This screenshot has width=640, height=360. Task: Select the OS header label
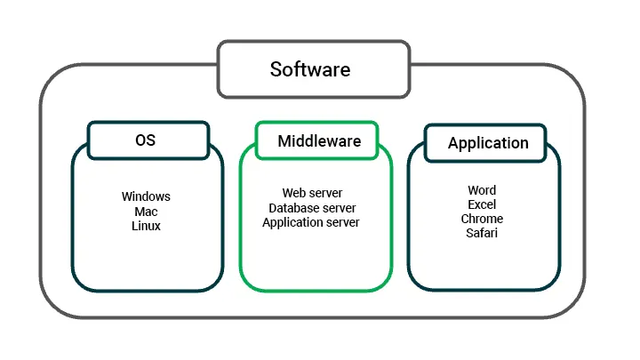click(x=147, y=140)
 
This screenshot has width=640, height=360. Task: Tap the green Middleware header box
click(x=319, y=140)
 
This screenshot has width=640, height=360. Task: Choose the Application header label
click(x=488, y=143)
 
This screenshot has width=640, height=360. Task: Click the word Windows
click(x=146, y=196)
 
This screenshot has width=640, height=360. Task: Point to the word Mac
click(x=146, y=212)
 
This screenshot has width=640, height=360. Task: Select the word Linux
click(x=146, y=226)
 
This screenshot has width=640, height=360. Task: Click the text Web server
click(x=312, y=193)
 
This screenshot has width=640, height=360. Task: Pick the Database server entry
click(x=312, y=208)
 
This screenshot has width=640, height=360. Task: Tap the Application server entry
click(x=311, y=222)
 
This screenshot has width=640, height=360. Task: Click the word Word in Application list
click(x=482, y=190)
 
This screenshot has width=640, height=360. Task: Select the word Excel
click(x=482, y=204)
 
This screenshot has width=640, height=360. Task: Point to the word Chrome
click(x=482, y=219)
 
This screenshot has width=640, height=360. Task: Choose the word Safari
click(x=482, y=233)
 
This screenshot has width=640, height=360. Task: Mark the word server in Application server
click(x=342, y=222)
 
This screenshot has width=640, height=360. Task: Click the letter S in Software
click(x=276, y=69)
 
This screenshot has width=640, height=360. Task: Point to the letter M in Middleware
click(x=284, y=141)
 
